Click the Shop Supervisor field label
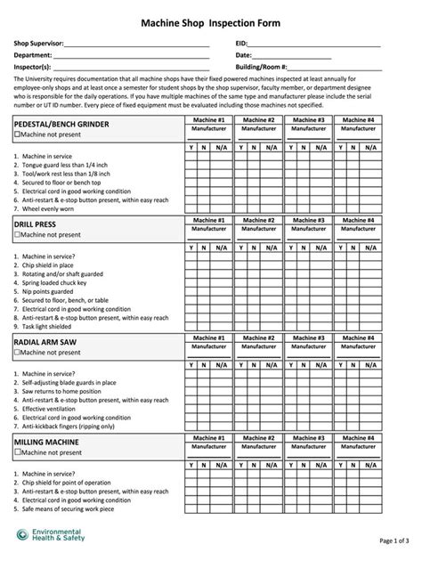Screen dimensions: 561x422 point(38,43)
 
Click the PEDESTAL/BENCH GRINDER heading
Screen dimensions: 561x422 point(61,124)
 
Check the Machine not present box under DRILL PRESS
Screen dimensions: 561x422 point(17,235)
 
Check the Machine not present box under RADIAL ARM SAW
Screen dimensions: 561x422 point(17,353)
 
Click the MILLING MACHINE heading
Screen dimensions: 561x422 point(46,441)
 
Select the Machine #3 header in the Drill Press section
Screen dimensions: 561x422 point(309,220)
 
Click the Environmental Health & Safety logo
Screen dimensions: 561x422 point(53,533)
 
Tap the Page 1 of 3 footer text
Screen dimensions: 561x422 point(394,541)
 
